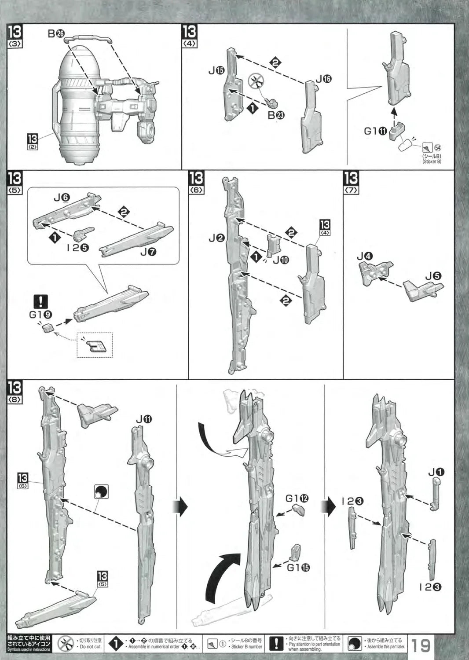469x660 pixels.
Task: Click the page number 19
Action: click(421, 645)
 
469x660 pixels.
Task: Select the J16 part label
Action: click(323, 79)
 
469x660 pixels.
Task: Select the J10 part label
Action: click(281, 260)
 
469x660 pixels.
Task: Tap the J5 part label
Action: click(433, 276)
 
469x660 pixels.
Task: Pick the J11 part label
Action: click(143, 419)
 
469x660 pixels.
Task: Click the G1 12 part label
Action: click(297, 498)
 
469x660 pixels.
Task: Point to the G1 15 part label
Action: click(298, 567)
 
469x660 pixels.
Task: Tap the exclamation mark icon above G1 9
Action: click(41, 301)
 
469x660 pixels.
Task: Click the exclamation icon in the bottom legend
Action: click(276, 644)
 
